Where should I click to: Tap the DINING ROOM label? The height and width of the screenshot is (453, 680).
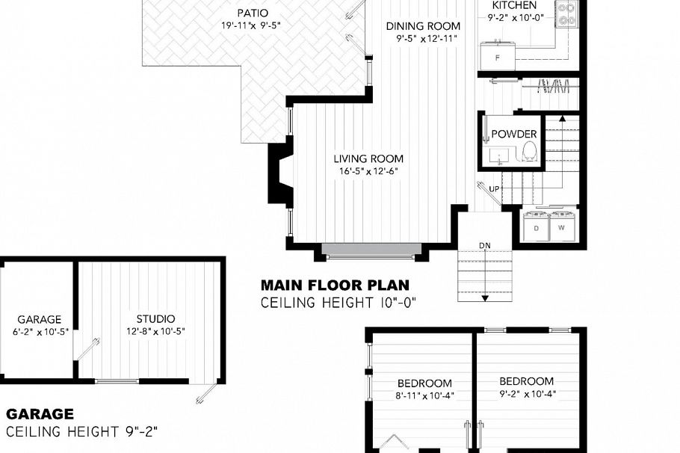422,26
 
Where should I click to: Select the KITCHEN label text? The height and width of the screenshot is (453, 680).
514,4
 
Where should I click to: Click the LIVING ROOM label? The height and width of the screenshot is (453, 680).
368,158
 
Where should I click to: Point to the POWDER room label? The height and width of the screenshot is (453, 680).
513,135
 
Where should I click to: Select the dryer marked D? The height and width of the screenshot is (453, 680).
536,226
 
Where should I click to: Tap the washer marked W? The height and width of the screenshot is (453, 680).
562,226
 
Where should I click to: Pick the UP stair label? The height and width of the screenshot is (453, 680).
494,189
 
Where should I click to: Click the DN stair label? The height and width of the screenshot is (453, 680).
484,245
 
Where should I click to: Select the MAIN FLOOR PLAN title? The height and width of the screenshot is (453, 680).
335,285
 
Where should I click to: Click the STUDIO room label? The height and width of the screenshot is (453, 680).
155,319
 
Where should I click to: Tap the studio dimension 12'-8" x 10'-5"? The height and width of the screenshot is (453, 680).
155,331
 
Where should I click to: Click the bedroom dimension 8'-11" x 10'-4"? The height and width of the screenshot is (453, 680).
424,395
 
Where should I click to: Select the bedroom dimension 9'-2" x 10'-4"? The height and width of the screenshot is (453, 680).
526,393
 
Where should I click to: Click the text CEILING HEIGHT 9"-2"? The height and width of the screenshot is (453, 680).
82,431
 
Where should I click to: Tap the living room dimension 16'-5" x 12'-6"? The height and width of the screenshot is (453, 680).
368,171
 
